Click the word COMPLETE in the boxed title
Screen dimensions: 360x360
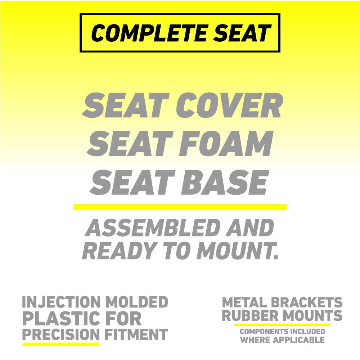click(149, 33)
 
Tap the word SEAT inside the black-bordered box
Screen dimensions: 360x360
click(242, 33)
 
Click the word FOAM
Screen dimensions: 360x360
click(226, 143)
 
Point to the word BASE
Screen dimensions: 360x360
click(225, 183)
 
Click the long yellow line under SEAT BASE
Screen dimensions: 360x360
click(180, 207)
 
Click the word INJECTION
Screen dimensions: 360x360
click(61, 302)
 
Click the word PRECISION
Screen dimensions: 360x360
click(61, 334)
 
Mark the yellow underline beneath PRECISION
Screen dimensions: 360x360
click(61, 344)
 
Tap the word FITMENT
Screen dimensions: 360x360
click(136, 334)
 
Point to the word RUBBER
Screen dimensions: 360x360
click(250, 315)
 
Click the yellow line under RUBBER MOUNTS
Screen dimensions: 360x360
click(282, 325)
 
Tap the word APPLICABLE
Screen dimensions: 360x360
click(299, 340)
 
